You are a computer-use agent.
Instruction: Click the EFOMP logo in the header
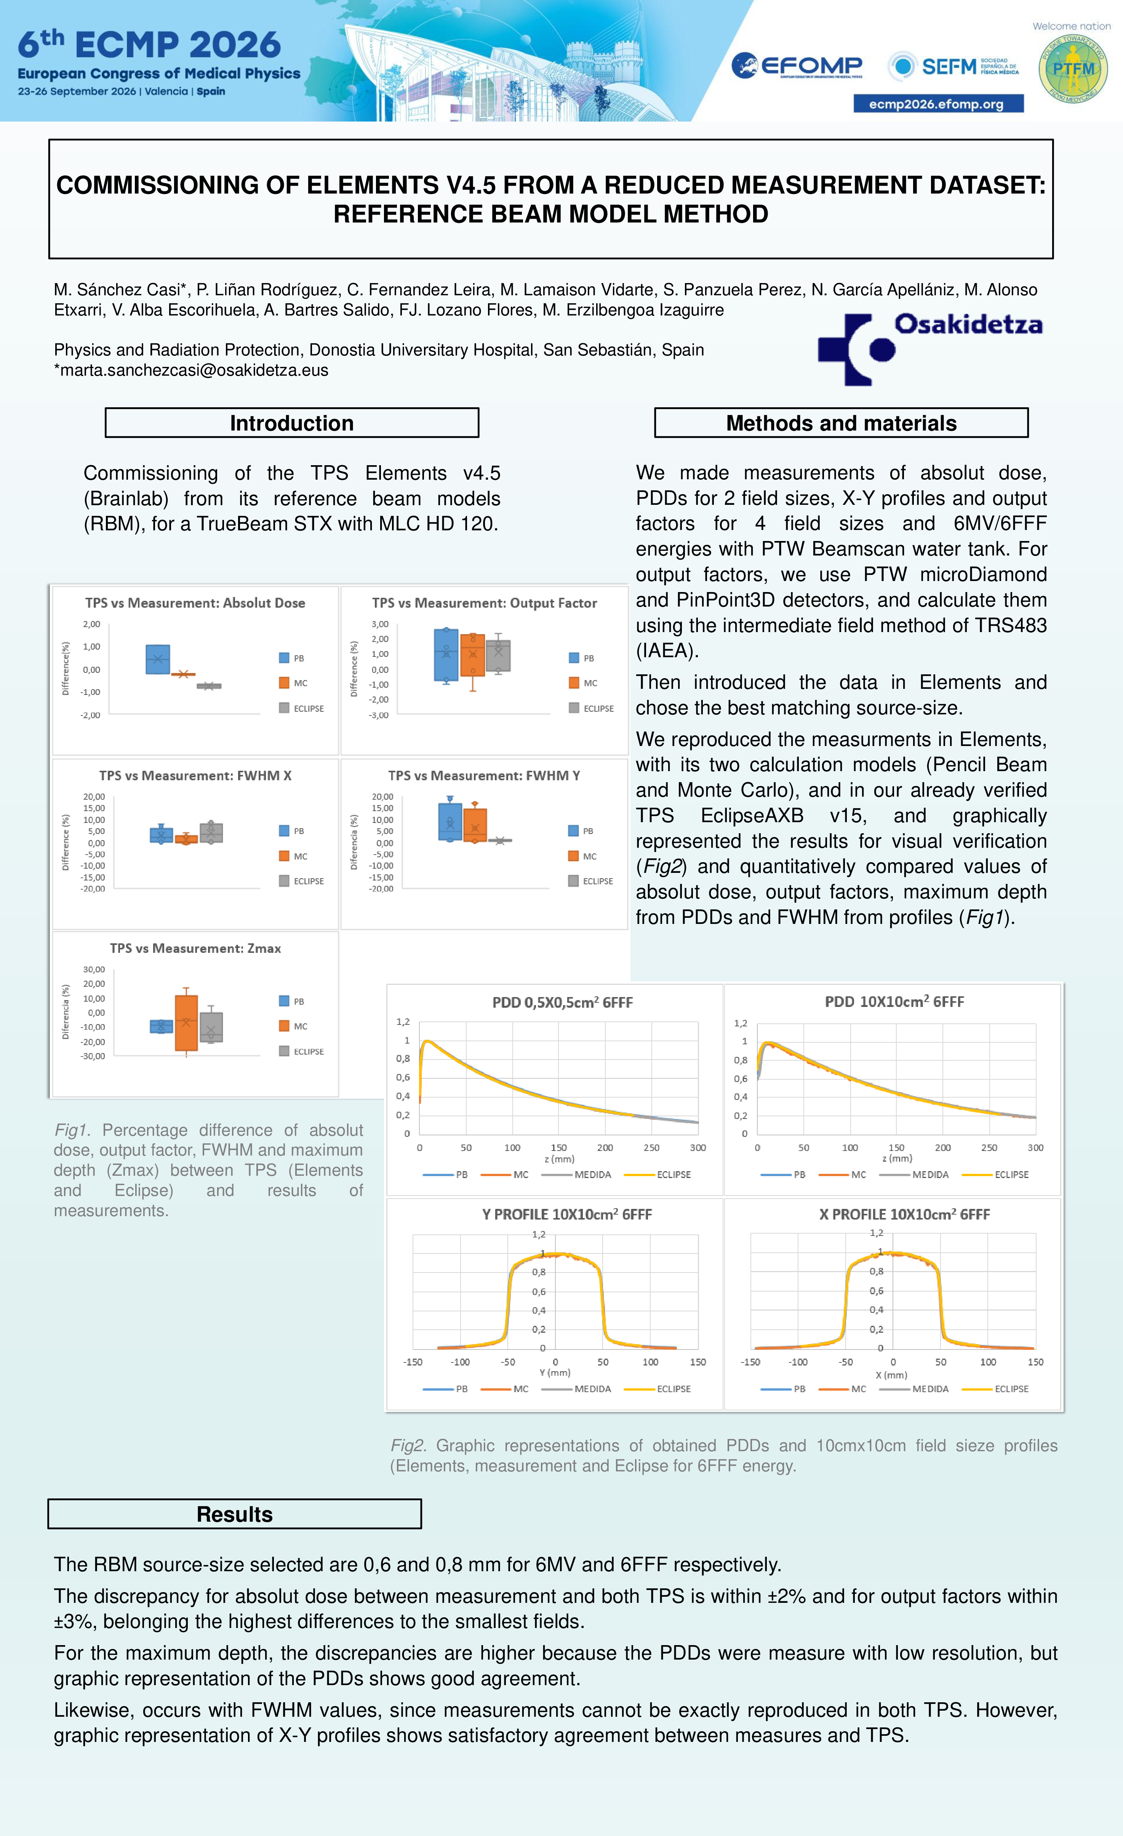(x=797, y=66)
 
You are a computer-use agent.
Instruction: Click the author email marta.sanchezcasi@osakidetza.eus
(x=191, y=370)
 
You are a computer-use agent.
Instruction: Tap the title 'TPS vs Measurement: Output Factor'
(x=485, y=603)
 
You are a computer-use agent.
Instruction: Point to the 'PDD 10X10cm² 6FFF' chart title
(x=894, y=1002)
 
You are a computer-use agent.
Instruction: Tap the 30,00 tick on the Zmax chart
(x=94, y=969)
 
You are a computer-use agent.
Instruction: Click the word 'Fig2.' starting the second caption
(x=408, y=1445)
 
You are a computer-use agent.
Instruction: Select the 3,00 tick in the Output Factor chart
(x=380, y=624)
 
